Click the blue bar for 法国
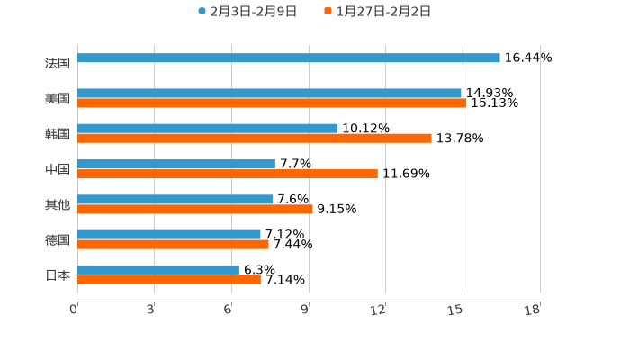(288, 58)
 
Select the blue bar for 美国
(269, 93)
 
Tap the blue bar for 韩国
(207, 129)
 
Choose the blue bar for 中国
(176, 164)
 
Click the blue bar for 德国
(169, 234)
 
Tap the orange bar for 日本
(169, 279)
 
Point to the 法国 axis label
(57, 63)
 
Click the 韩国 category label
(57, 133)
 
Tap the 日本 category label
(57, 274)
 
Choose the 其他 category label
(57, 204)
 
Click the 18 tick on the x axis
(533, 310)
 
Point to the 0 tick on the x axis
(74, 310)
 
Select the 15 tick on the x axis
(456, 310)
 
